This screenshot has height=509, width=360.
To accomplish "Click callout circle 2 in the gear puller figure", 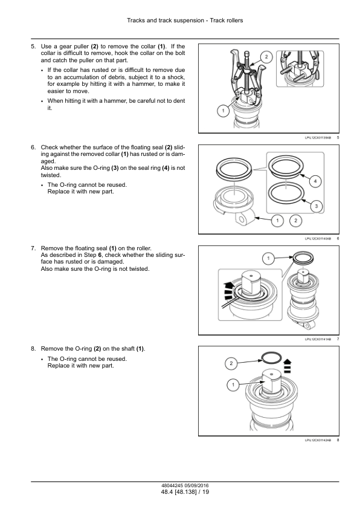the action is [266, 57].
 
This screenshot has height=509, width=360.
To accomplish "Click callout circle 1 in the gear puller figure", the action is [223, 111].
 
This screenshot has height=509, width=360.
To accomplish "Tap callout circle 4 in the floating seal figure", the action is [315, 181].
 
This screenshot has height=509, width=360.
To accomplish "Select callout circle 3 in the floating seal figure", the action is [317, 206].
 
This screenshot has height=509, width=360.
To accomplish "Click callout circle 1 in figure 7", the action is [268, 259].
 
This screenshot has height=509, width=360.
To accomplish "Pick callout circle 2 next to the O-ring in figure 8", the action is [231, 363].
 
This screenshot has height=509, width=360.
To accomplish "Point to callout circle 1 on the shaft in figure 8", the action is [233, 385].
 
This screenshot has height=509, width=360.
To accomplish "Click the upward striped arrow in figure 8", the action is [287, 366].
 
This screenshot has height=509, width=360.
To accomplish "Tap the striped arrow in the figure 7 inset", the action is [229, 291].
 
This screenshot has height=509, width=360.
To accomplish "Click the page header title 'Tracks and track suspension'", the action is [166, 21].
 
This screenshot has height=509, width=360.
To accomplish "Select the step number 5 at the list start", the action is [33, 47].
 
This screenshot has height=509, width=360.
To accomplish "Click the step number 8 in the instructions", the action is [33, 349].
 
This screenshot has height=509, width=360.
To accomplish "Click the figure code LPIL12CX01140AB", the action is [318, 239].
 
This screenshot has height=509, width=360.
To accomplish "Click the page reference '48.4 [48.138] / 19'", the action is [185, 492].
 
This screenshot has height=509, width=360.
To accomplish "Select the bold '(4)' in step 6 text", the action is [166, 168].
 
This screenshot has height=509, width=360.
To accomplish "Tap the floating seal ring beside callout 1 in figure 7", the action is [303, 259].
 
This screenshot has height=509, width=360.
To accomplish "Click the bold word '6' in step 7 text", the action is [100, 255].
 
